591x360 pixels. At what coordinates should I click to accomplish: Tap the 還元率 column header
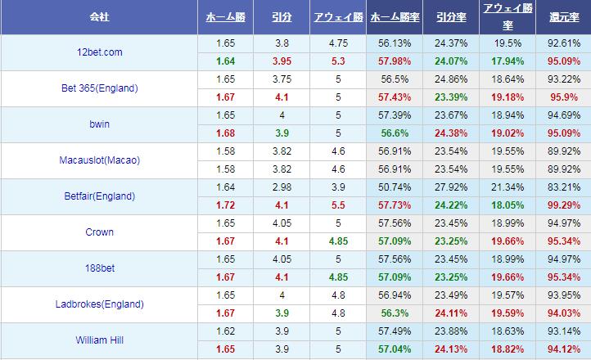click(562, 17)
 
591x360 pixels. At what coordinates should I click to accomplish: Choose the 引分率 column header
click(451, 17)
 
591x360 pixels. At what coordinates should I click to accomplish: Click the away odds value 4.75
click(337, 43)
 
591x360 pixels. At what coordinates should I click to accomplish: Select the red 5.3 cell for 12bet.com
click(337, 61)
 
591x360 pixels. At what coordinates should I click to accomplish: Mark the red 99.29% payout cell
click(562, 205)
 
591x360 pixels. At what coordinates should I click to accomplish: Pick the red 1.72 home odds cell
click(226, 205)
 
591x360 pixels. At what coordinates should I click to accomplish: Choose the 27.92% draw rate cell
click(451, 187)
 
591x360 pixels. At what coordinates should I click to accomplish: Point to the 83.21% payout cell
click(562, 187)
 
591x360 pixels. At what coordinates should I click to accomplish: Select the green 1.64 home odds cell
click(226, 61)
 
